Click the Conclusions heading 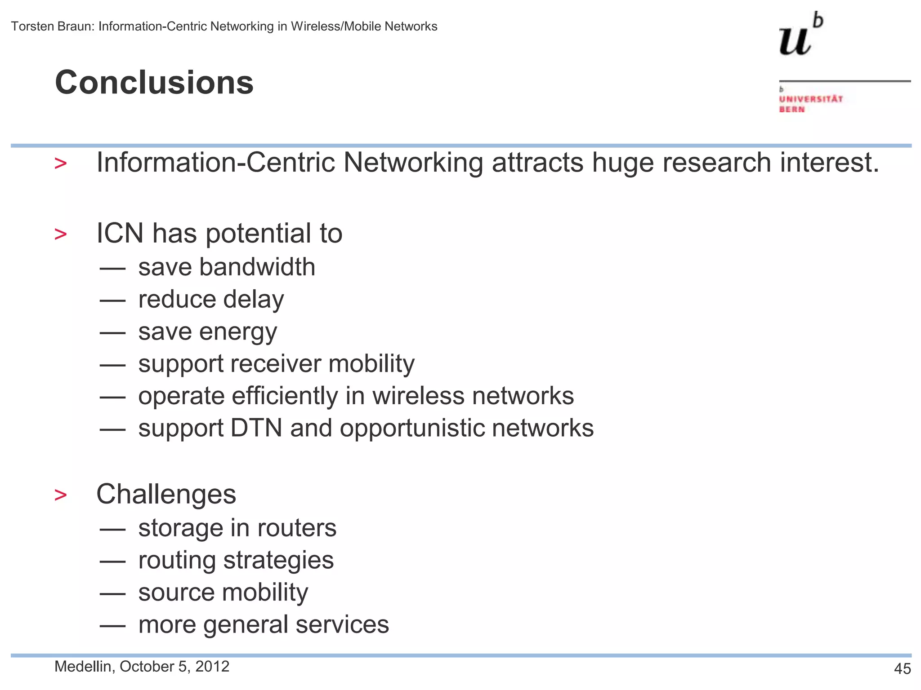[154, 83]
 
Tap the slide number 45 [902, 669]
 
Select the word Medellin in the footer [83, 667]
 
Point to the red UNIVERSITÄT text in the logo [811, 99]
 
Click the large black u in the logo [795, 41]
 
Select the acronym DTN [256, 428]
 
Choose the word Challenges [166, 494]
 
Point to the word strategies [278, 561]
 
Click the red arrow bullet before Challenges [60, 495]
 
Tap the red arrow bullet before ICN [60, 234]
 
